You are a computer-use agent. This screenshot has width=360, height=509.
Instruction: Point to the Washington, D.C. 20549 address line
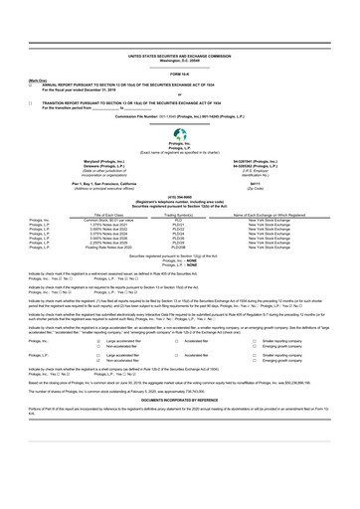point(180,35)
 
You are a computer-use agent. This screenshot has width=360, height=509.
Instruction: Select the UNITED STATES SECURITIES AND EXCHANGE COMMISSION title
point(180,30)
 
